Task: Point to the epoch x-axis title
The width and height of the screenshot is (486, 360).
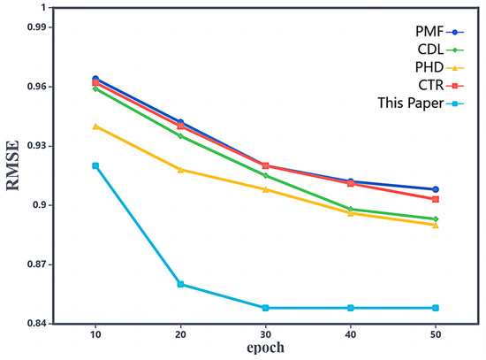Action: click(x=266, y=348)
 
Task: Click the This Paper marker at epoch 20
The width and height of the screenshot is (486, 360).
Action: click(x=180, y=284)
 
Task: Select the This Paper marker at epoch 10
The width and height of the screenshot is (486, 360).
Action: click(x=95, y=166)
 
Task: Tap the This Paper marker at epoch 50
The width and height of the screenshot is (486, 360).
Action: click(x=436, y=308)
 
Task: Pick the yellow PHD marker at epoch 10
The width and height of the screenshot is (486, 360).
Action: click(x=95, y=126)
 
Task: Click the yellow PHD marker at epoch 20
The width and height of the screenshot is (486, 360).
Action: click(x=180, y=169)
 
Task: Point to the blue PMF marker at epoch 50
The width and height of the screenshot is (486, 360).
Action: click(x=436, y=189)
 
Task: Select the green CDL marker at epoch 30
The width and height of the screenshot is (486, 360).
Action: click(x=266, y=176)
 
